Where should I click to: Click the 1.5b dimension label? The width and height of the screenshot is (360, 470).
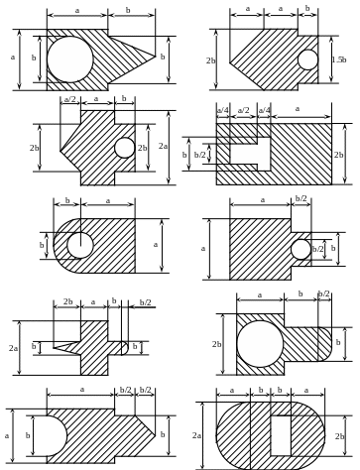339,59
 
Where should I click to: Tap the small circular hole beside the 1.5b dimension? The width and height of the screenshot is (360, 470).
307,59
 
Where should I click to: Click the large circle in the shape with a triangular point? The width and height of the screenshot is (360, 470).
70,59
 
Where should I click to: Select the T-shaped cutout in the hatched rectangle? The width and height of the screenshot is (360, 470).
250,154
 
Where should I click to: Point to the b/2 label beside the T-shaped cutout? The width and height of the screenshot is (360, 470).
199,155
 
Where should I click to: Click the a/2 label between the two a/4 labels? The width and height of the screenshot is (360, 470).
244,110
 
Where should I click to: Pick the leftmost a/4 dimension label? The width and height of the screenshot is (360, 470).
223,110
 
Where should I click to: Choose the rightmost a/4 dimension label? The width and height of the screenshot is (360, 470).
264,110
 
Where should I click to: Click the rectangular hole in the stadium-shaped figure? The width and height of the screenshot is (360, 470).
281,436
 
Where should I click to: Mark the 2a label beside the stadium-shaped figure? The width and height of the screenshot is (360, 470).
196,435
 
